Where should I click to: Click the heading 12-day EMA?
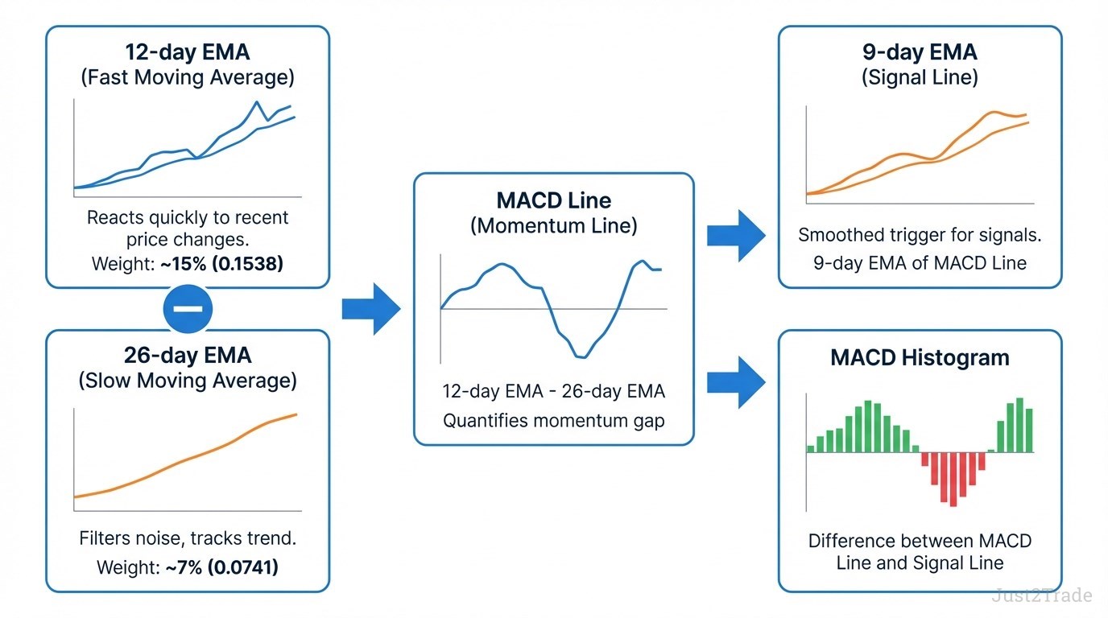(x=188, y=52)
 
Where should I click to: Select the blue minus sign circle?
(x=188, y=309)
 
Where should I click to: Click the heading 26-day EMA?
(x=188, y=355)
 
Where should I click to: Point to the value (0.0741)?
(x=242, y=567)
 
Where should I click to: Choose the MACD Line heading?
(x=553, y=200)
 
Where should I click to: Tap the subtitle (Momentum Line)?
(x=553, y=226)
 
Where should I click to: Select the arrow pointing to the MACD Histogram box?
(x=736, y=383)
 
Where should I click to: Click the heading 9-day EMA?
(x=920, y=52)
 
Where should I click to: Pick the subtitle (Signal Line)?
(x=920, y=78)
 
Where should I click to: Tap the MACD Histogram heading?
(x=920, y=357)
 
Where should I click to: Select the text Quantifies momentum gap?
(x=553, y=420)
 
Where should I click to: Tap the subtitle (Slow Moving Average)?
(x=188, y=381)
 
